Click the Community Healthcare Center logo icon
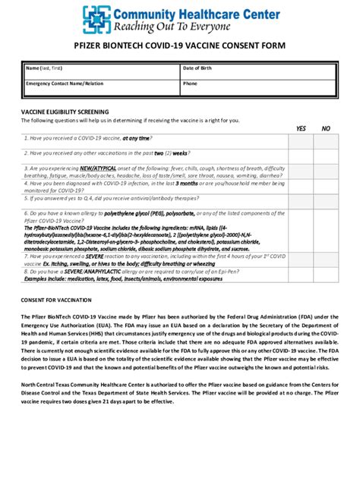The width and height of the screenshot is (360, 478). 96,20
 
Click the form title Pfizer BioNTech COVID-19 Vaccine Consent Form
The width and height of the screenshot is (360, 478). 179,46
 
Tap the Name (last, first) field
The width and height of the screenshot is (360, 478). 99,72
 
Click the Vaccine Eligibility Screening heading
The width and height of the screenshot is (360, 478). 65,112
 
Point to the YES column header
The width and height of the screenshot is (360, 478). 301,129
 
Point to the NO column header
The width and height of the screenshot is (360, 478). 326,129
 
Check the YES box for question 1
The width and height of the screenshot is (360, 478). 301,139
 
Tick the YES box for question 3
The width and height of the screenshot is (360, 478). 301,171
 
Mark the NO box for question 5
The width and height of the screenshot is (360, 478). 326,200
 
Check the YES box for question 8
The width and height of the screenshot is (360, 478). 301,274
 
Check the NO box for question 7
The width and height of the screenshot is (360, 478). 326,259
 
